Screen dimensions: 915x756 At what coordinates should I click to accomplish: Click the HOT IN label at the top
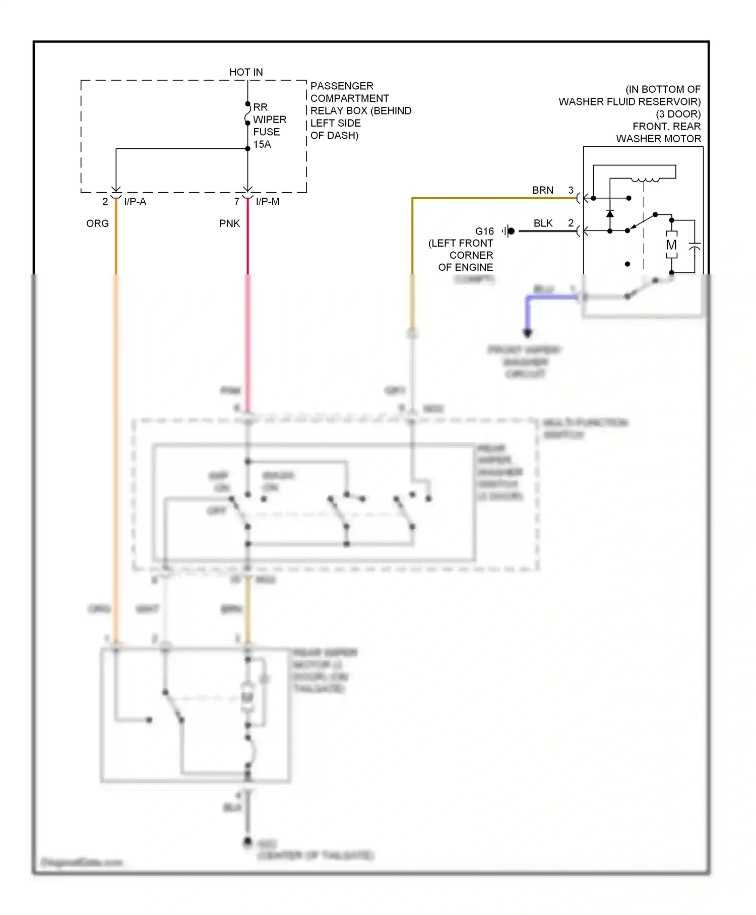[246, 72]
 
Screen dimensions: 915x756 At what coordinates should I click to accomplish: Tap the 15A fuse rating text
[262, 144]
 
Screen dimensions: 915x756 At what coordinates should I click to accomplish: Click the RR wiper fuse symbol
[247, 114]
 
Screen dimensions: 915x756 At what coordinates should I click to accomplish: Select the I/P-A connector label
[135, 202]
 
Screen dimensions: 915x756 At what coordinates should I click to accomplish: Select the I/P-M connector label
[268, 202]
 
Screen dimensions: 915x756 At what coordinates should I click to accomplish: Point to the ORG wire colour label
[97, 223]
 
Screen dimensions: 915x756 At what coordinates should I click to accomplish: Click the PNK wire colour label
[229, 223]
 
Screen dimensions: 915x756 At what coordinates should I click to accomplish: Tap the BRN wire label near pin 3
[542, 190]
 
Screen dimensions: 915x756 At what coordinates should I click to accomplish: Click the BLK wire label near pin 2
[543, 223]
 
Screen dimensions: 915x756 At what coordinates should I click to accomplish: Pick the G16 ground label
[484, 231]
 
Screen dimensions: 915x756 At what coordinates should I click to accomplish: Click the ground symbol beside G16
[509, 231]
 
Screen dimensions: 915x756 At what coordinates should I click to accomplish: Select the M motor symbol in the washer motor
[671, 245]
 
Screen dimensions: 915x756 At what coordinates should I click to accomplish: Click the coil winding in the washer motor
[645, 179]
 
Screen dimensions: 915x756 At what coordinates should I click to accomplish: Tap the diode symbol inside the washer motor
[610, 214]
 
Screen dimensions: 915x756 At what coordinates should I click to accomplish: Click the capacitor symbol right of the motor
[695, 247]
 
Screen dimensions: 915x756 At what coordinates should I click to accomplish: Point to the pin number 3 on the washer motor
[571, 190]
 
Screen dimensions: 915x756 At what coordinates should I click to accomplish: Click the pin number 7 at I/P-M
[236, 202]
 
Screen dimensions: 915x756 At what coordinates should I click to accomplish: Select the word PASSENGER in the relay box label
[342, 86]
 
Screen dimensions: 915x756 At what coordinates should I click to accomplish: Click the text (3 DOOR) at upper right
[678, 114]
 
